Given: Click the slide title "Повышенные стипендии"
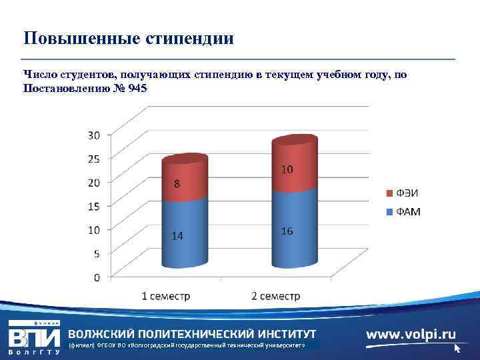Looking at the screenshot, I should (x=128, y=37).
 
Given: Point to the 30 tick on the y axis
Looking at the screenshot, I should (x=94, y=135).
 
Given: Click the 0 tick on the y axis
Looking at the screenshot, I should (x=97, y=277).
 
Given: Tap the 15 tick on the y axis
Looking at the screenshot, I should (x=94, y=206).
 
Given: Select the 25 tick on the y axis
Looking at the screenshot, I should (x=94, y=159).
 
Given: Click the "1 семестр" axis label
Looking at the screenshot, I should (x=165, y=296).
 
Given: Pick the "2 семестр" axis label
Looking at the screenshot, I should (x=275, y=296).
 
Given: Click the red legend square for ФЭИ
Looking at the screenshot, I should (x=390, y=194).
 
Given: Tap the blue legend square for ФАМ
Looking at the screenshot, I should (x=390, y=213).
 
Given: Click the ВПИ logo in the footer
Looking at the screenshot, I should (x=33, y=335).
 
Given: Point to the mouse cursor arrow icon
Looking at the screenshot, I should (x=457, y=348).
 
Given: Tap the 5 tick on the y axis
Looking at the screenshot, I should (x=97, y=253).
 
